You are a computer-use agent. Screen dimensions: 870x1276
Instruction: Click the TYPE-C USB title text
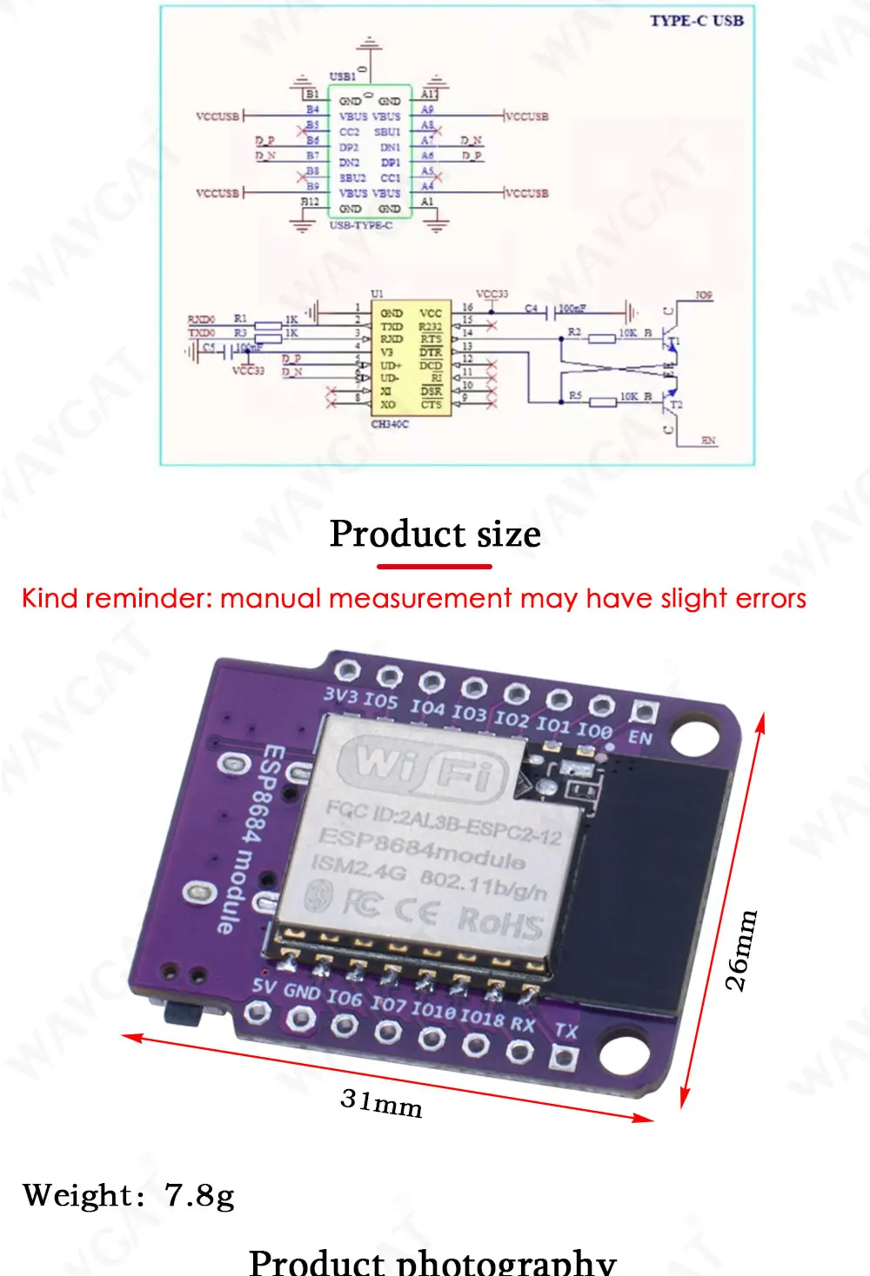point(696,21)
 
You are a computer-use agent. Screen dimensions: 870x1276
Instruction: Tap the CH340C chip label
point(389,424)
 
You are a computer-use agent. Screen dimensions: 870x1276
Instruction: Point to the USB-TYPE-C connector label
point(360,225)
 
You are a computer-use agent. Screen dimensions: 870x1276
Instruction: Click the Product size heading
point(435,534)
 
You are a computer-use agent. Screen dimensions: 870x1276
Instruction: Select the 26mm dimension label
point(741,950)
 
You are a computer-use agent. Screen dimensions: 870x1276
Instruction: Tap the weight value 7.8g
point(199,1195)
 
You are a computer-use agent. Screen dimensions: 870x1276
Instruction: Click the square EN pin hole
point(644,713)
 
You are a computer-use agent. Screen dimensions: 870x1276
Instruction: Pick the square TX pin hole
point(564,1059)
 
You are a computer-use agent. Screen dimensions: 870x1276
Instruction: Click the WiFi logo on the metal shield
point(422,765)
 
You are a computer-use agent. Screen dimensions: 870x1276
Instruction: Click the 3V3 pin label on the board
point(340,695)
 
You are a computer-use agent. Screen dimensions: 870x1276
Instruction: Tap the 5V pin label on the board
point(264,986)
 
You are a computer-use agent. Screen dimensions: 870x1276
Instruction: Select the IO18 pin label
point(482,1016)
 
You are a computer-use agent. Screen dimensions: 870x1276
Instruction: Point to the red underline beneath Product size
point(434,567)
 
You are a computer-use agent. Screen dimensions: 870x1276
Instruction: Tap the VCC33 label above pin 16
point(492,295)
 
